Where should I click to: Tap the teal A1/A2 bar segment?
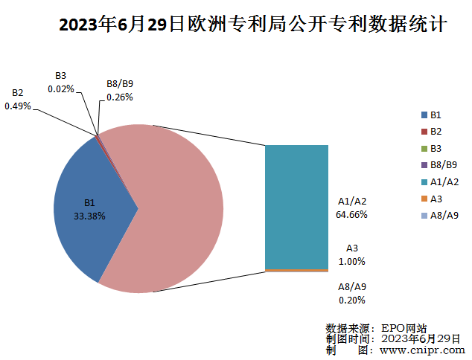click(x=296, y=205)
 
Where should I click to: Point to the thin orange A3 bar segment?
click(x=296, y=270)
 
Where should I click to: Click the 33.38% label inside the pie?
click(x=89, y=216)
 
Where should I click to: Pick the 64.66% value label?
click(x=352, y=214)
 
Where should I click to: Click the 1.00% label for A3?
click(x=352, y=261)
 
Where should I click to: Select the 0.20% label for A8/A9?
click(x=352, y=300)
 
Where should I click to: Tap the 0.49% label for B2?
click(x=18, y=106)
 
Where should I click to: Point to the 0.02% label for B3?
click(x=61, y=89)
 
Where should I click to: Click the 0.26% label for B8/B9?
click(x=120, y=97)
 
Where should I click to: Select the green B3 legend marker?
click(x=424, y=148)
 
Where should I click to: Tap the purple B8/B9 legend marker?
click(x=424, y=165)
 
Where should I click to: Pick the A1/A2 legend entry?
click(x=439, y=181)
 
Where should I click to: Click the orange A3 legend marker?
click(x=424, y=199)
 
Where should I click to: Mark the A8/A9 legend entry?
click(x=439, y=216)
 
